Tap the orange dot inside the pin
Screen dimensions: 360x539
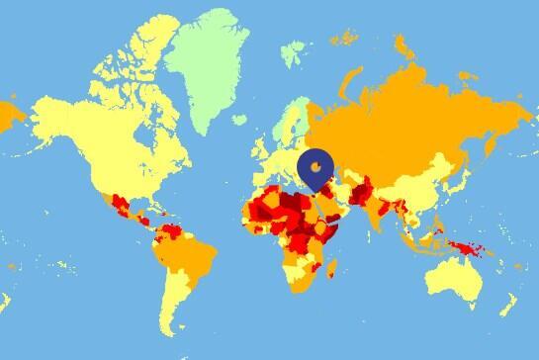coord(316,168)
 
